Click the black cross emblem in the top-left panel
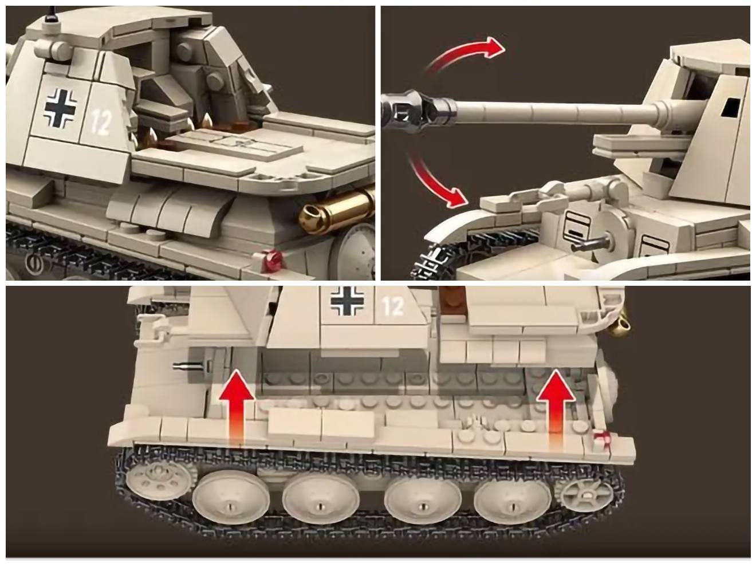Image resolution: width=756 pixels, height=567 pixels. click(x=61, y=108)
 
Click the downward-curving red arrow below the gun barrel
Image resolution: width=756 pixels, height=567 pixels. click(x=431, y=183)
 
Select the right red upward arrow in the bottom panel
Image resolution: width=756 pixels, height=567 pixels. click(x=555, y=403)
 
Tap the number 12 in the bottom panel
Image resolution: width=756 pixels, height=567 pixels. click(x=393, y=306)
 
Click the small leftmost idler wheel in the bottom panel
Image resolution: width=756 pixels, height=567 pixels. click(x=157, y=479)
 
